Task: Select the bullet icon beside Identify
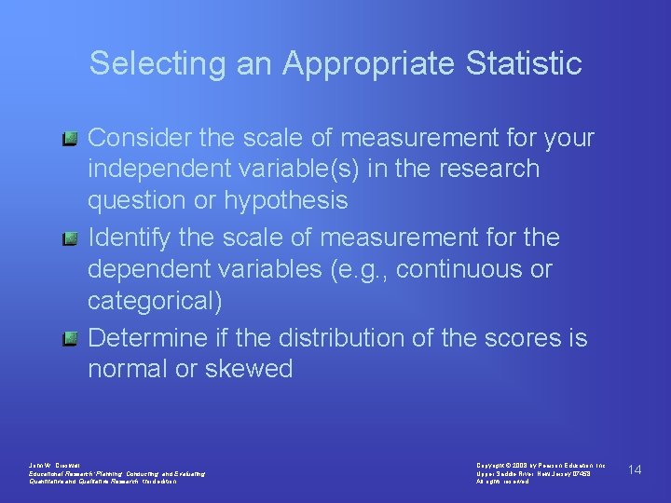coord(69,239)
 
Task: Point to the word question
coord(132,200)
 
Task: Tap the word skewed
coord(247,369)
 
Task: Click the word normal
coord(127,369)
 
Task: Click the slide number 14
coord(635,469)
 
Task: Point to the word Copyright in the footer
coord(490,464)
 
